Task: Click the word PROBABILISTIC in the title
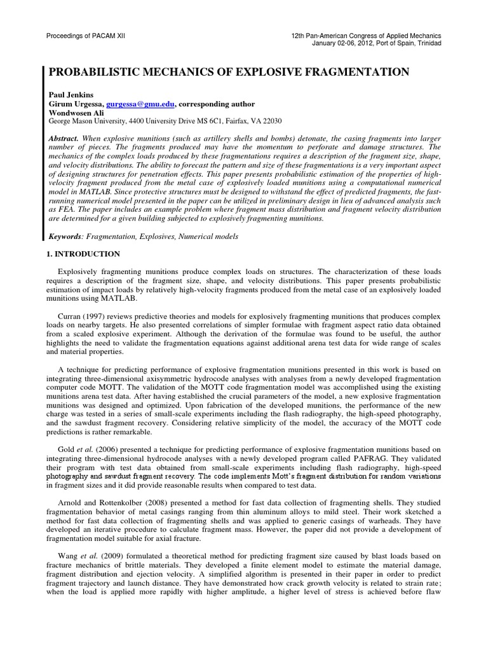[x=96, y=72]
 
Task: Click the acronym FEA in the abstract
[x=64, y=210]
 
